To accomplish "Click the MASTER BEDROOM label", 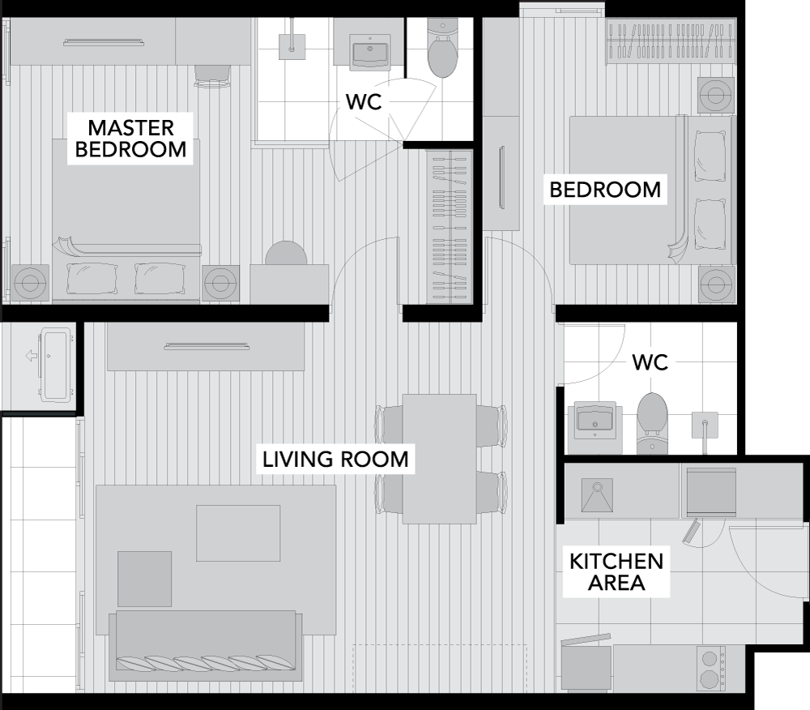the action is [x=130, y=139].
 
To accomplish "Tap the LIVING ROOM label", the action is [x=336, y=460].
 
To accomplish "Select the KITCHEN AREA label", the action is [x=616, y=571].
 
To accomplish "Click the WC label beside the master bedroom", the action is [x=364, y=102].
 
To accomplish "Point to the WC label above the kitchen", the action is [x=650, y=362].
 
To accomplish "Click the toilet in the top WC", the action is [x=443, y=49].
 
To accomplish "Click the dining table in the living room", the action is [x=440, y=459].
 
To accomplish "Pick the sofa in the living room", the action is [x=205, y=646].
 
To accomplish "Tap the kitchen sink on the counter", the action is [x=597, y=495].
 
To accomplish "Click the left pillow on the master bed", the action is [x=92, y=279].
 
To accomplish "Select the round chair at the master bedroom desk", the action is [x=286, y=254].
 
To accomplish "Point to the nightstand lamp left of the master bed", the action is [x=29, y=283].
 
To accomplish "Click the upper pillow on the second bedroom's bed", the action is [x=710, y=155].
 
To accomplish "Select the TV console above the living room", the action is [x=206, y=346].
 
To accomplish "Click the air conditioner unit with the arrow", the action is [x=55, y=364].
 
